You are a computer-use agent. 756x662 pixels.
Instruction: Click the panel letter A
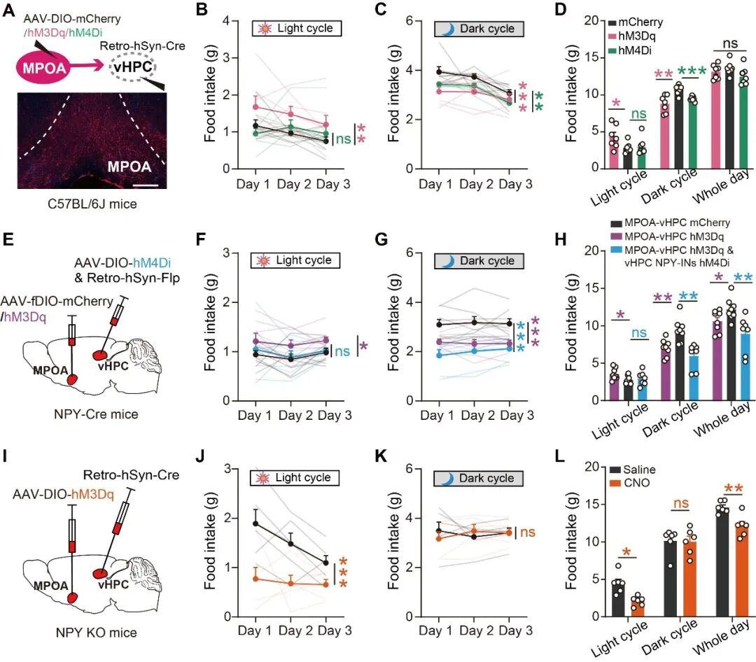click(x=10, y=9)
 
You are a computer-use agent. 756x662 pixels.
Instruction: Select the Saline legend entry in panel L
click(x=643, y=470)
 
